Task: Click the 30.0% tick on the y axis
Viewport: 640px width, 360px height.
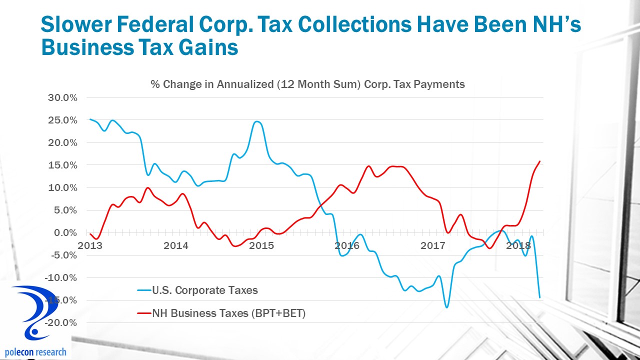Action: point(62,97)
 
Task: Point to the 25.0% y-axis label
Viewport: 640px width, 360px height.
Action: point(62,120)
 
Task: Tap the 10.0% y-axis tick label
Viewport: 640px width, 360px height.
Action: point(62,187)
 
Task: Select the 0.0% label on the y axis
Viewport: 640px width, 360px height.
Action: point(64,232)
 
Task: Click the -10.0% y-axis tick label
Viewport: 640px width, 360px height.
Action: point(60,277)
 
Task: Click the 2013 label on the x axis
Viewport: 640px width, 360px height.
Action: point(90,245)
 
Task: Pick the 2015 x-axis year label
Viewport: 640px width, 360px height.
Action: point(261,245)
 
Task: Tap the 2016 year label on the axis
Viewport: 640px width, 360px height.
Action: point(347,245)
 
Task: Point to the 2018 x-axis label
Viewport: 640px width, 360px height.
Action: point(518,245)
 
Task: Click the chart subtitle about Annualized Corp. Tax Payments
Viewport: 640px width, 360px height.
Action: point(307,84)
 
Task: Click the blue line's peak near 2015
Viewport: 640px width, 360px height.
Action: point(257,121)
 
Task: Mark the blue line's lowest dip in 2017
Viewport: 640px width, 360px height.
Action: point(446,307)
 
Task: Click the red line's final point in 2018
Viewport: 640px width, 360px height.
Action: point(540,161)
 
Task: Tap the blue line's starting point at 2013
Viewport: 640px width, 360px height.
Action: point(90,119)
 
